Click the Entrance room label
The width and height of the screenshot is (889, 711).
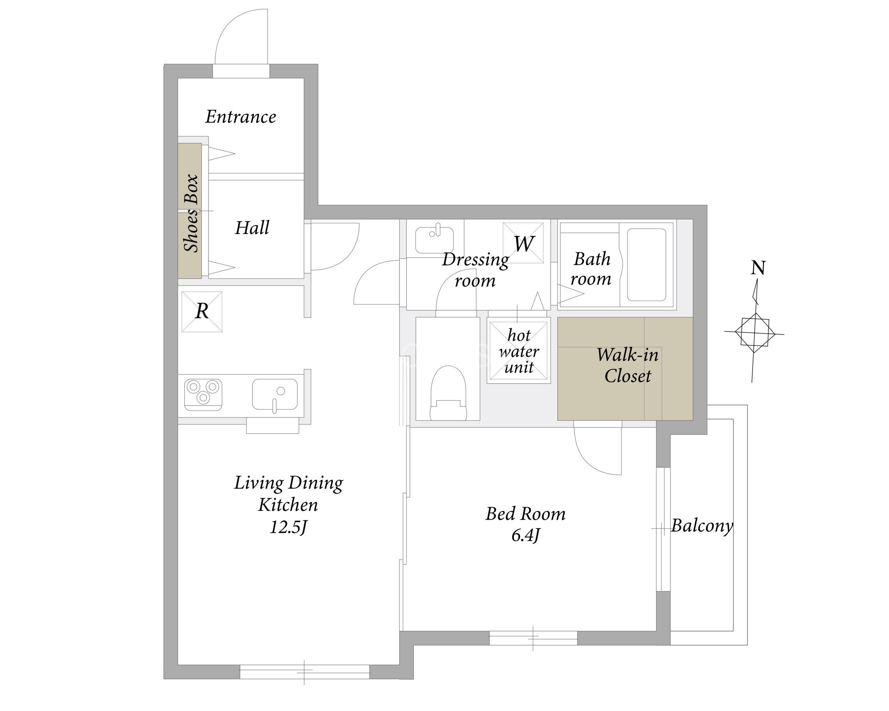[x=241, y=117]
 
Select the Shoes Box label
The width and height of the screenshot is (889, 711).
[x=191, y=213]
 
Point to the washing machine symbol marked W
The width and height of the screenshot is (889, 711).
[x=523, y=243]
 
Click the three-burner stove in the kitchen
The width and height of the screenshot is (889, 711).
[x=203, y=394]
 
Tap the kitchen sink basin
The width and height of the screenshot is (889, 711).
[x=275, y=394]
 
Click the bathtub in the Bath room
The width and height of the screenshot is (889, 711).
[x=646, y=265]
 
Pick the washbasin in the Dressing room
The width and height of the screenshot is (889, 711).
[x=434, y=240]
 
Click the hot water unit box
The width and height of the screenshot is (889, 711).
[x=519, y=350]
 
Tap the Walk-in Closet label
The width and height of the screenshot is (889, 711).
[x=627, y=365]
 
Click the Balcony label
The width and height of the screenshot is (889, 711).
[x=702, y=526]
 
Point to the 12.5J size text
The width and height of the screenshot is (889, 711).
[x=288, y=527]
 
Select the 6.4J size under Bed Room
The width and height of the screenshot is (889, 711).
[x=525, y=535]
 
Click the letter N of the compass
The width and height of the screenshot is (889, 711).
[x=758, y=268]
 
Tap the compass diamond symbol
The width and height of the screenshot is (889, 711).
[x=754, y=333]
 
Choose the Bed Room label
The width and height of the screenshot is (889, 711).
[x=525, y=514]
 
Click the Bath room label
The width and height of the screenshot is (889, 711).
[x=591, y=269]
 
